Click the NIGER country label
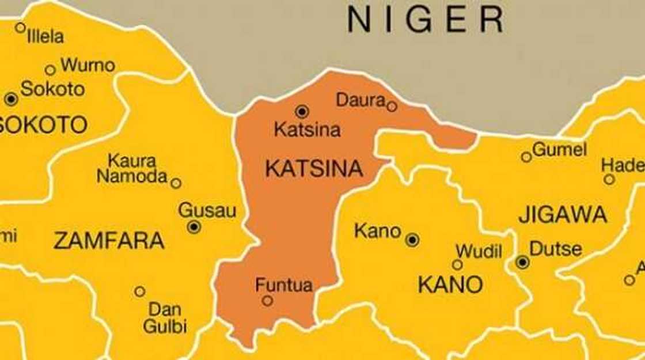pyautogui.click(x=426, y=20)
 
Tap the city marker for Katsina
pyautogui.click(x=302, y=112)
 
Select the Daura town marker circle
pyautogui.click(x=392, y=107)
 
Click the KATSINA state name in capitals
pyautogui.click(x=314, y=169)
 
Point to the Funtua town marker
pyautogui.click(x=267, y=301)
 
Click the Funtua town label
pyautogui.click(x=284, y=285)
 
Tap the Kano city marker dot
pyautogui.click(x=412, y=240)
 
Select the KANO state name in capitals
pyautogui.click(x=450, y=285)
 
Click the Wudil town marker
pyautogui.click(x=457, y=265)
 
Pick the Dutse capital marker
pyautogui.click(x=522, y=263)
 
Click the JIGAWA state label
pyautogui.click(x=563, y=215)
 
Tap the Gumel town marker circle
pyautogui.click(x=526, y=157)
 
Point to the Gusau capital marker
pyautogui.click(x=194, y=227)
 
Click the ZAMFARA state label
pyautogui.click(x=109, y=241)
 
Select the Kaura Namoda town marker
pyautogui.click(x=176, y=183)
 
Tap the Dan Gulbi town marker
pyautogui.click(x=139, y=291)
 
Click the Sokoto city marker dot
pyautogui.click(x=11, y=99)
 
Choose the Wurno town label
pyautogui.click(x=88, y=65)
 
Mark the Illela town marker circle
pyautogui.click(x=20, y=27)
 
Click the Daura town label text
pyautogui.click(x=361, y=100)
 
